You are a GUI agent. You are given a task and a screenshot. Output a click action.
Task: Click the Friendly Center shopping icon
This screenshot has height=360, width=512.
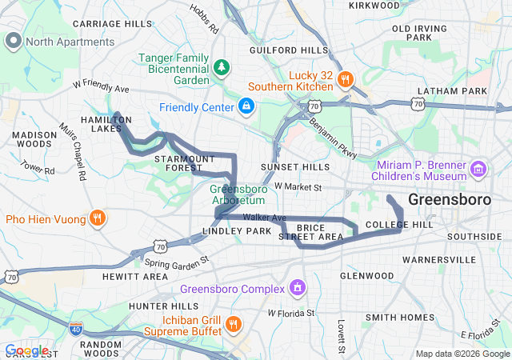[x=246, y=106]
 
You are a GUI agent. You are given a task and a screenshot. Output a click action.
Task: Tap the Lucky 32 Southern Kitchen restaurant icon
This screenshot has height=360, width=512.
[x=345, y=78]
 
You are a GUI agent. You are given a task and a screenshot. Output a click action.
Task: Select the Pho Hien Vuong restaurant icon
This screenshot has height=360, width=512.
[x=97, y=218]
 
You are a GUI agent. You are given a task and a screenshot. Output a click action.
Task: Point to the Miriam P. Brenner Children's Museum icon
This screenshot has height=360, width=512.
[x=478, y=168]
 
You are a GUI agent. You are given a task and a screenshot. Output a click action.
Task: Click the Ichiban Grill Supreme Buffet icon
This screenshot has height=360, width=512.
[x=234, y=323]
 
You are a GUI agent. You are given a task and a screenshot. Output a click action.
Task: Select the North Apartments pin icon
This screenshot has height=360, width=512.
[x=14, y=41]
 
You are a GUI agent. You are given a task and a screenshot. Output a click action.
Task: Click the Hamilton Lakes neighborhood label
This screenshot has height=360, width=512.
[x=106, y=124]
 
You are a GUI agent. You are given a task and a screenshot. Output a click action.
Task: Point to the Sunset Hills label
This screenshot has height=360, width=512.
[x=295, y=167]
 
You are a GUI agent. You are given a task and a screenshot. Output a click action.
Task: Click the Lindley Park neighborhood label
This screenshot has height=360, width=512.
[x=237, y=231]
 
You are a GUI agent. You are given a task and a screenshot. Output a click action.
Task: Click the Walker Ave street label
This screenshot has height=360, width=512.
[x=265, y=218]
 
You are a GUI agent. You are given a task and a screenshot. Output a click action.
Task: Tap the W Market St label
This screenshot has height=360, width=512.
[x=297, y=187]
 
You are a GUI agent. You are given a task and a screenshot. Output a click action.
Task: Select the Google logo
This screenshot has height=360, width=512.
[x=26, y=350]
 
